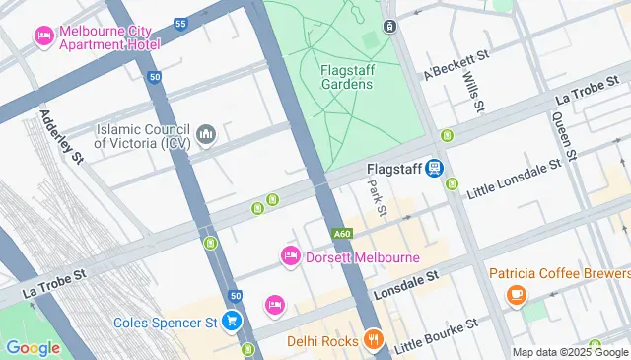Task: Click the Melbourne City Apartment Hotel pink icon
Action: click(x=44, y=37)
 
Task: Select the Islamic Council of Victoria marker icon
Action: click(x=206, y=134)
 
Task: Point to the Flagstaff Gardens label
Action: click(x=346, y=77)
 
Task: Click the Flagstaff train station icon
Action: click(x=433, y=169)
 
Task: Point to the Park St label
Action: click(x=376, y=199)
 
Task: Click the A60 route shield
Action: click(x=342, y=234)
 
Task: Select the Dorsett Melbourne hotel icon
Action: click(x=291, y=256)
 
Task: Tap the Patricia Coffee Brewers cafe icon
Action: click(x=515, y=294)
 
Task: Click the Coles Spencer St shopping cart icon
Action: click(x=231, y=322)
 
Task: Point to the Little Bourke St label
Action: click(x=436, y=335)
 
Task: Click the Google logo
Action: click(x=33, y=347)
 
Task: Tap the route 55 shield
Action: click(x=179, y=24)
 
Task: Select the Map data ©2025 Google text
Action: click(x=569, y=352)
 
